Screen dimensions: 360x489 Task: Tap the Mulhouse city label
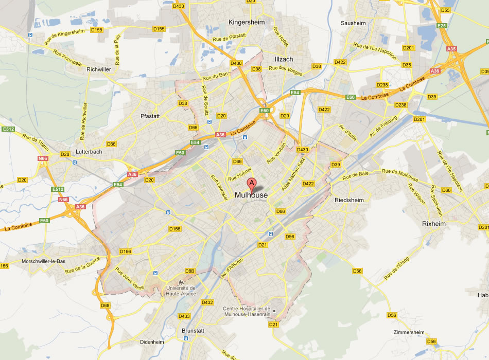coord(251,195)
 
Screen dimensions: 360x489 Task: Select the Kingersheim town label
coord(249,23)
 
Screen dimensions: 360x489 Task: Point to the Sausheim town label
coord(353,23)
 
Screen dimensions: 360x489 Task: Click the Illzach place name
coord(284,59)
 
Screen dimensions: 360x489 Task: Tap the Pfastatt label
coord(150,116)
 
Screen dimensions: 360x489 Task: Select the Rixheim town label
coord(433,224)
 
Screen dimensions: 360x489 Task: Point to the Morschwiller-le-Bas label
coord(44,261)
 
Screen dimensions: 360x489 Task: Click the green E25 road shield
coord(440,25)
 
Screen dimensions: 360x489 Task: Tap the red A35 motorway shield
coord(452,49)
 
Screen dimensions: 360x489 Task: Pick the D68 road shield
coord(106,305)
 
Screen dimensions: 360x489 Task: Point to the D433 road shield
coord(184,316)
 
